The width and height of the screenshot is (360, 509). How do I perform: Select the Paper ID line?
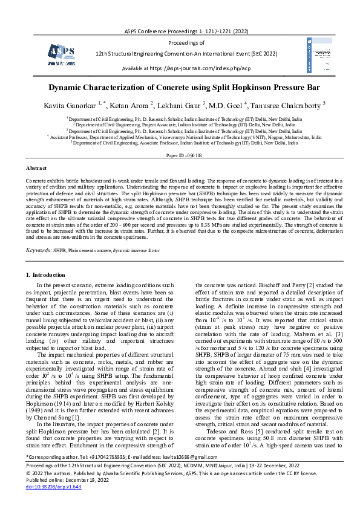coord(180,155)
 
